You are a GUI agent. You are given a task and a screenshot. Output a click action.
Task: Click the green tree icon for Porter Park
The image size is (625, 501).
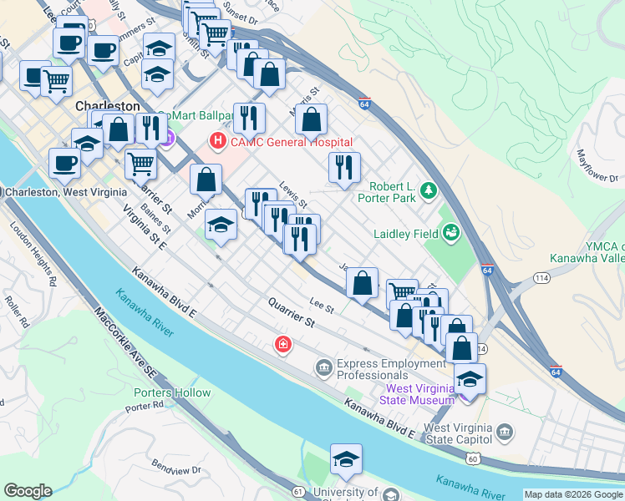point(429,191)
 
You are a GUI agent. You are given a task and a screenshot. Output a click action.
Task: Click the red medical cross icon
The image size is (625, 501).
point(283,344)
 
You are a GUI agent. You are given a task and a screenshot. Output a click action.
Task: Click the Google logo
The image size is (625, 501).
point(28,491)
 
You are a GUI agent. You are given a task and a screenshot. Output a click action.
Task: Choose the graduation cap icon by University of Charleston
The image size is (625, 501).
point(346,460)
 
